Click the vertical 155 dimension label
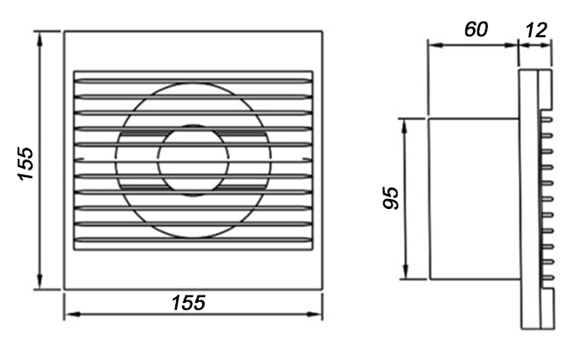click(x=26, y=164)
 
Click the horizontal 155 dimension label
click(x=189, y=303)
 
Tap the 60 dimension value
click(x=476, y=29)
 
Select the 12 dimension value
click(x=536, y=30)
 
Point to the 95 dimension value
click(x=392, y=198)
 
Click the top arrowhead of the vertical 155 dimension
click(x=40, y=39)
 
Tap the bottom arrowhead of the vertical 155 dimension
click(x=40, y=282)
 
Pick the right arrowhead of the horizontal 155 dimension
click(x=314, y=315)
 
